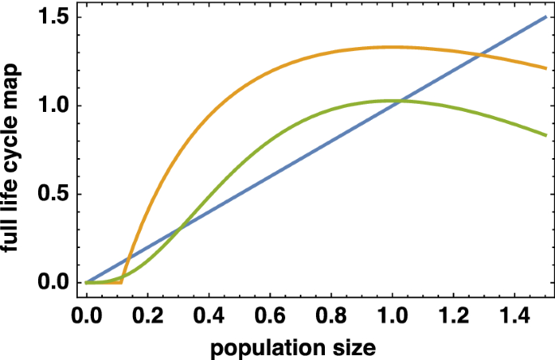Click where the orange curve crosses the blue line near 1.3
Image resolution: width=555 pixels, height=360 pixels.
(x=480, y=55)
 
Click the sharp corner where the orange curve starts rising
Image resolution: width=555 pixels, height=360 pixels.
(x=122, y=281)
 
